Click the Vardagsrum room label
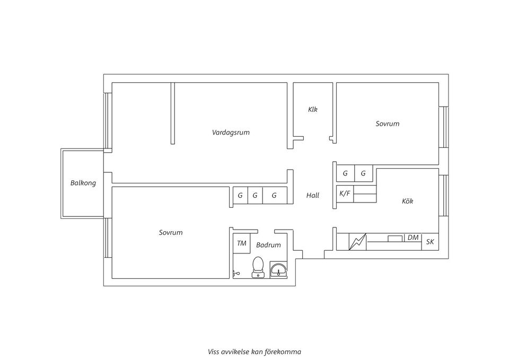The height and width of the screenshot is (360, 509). [x=231, y=133]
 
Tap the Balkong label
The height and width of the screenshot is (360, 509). [x=83, y=183]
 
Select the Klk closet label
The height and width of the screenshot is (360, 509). [x=313, y=109]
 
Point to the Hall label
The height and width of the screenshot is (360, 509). [x=313, y=196]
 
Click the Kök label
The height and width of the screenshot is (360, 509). [x=407, y=201]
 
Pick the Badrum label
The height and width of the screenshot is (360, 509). [x=268, y=245]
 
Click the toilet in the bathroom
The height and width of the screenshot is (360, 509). [x=258, y=267]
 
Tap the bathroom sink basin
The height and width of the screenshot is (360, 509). [x=279, y=270]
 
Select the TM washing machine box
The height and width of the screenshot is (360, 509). [x=242, y=243]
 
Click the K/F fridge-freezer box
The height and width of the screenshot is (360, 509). [x=345, y=194]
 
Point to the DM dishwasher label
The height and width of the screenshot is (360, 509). [x=413, y=238]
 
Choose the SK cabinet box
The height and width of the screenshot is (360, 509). [x=430, y=242]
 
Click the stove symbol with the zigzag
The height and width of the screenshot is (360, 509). [x=357, y=242]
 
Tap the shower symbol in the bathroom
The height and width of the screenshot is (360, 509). [x=236, y=274]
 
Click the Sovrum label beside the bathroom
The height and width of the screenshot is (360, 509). [x=171, y=232]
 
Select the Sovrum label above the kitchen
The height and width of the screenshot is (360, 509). [x=387, y=124]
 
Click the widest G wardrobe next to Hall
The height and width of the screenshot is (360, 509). [x=275, y=196]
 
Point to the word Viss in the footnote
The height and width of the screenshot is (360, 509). [x=213, y=352]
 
